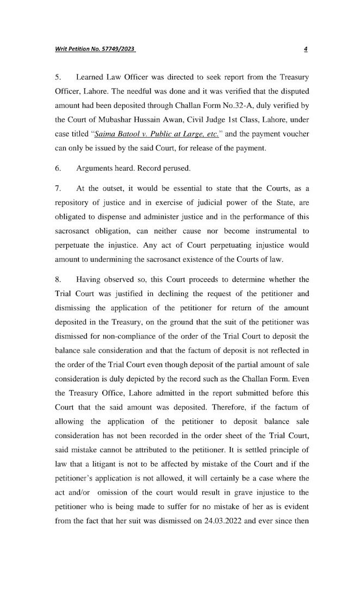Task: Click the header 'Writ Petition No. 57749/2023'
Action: (x=95, y=50)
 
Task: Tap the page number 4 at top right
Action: (x=306, y=50)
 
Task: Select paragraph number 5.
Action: (x=58, y=77)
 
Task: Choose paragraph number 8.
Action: (x=58, y=280)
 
